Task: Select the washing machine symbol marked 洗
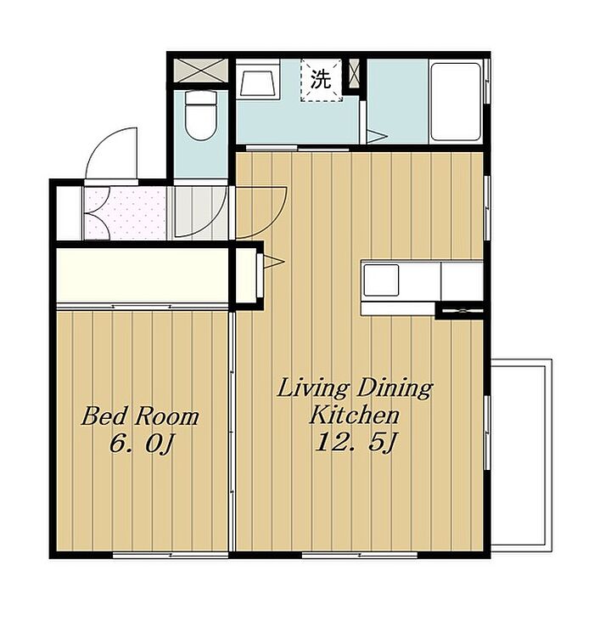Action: tap(322, 80)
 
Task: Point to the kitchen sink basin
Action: tap(381, 280)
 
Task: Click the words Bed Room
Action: tap(140, 416)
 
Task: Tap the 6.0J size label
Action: tap(141, 444)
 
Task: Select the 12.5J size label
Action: tap(356, 442)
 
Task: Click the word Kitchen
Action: tap(355, 415)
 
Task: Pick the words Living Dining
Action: tap(356, 388)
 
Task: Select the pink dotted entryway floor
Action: tap(125, 213)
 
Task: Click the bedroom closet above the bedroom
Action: tap(143, 275)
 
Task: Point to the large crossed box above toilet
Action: tap(201, 71)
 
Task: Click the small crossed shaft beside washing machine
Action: tap(354, 74)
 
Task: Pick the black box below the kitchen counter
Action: tap(459, 311)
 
